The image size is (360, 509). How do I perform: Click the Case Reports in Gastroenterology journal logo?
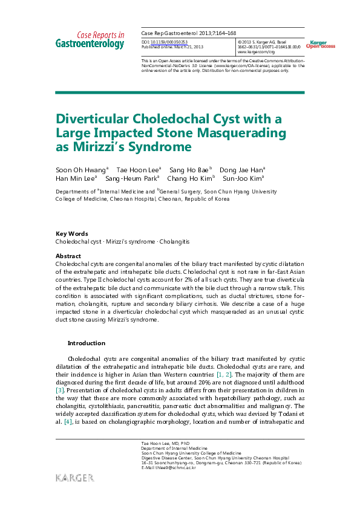point(90,40)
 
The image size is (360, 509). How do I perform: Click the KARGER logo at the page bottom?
point(74,478)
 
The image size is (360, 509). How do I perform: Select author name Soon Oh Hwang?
point(80,169)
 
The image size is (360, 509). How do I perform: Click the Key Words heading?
point(71,233)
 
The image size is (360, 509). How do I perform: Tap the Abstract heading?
point(68,256)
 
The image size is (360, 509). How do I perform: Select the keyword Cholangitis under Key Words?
point(175,241)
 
